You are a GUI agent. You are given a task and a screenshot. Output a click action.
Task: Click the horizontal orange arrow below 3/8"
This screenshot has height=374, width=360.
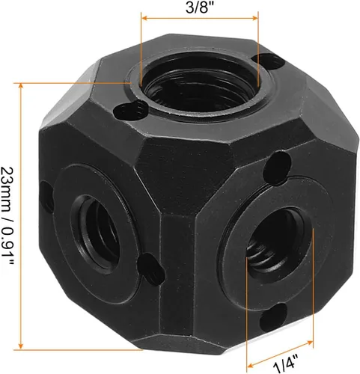tap(200, 22)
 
